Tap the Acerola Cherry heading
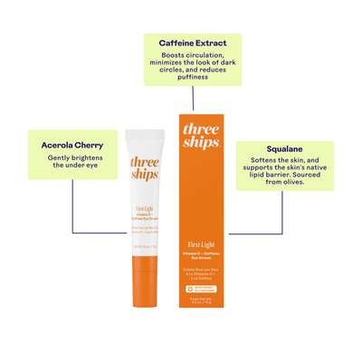[72, 144]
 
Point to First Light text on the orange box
[200, 245]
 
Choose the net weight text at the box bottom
[200, 304]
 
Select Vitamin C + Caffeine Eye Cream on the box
[200, 258]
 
